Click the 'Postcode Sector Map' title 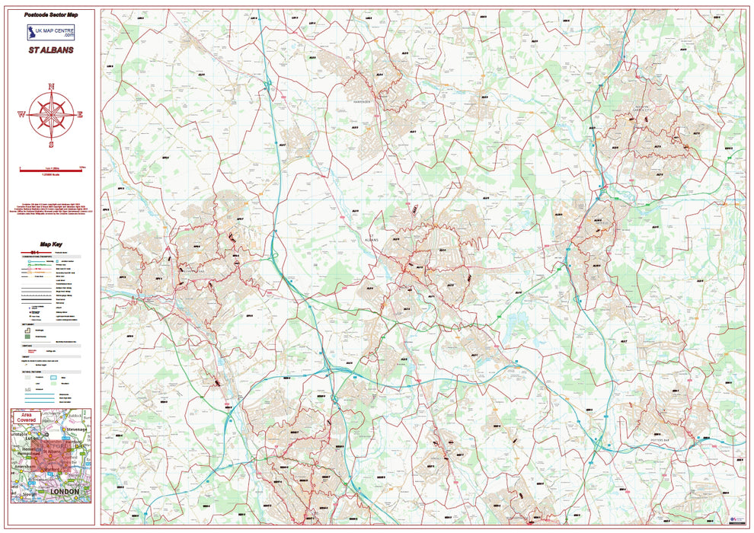(x=51, y=14)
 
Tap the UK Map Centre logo (x=51, y=32)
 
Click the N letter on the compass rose (x=52, y=86)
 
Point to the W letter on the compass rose (x=21, y=115)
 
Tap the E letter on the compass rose (x=81, y=115)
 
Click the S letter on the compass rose (x=52, y=144)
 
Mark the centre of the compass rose (x=52, y=115)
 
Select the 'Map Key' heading (x=51, y=244)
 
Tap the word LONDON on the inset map (x=64, y=492)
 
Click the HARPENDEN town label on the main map (x=361, y=101)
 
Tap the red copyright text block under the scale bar (x=51, y=209)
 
